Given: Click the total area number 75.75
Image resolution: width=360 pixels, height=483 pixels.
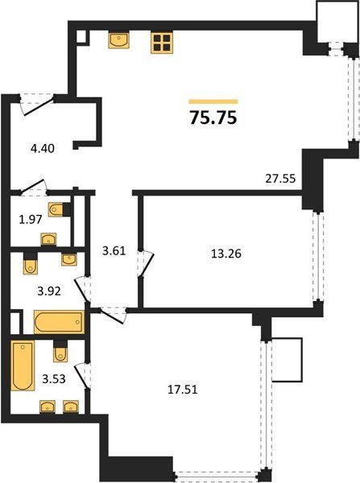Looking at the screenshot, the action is pyautogui.click(x=213, y=118).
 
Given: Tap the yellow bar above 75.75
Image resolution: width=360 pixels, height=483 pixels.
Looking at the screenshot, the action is pyautogui.click(x=213, y=101).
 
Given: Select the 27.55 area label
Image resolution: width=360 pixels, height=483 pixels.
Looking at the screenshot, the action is pyautogui.click(x=280, y=179).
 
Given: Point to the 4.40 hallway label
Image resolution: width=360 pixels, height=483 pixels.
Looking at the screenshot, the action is pyautogui.click(x=43, y=148).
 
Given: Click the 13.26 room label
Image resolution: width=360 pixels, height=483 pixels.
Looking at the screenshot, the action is pyautogui.click(x=226, y=254).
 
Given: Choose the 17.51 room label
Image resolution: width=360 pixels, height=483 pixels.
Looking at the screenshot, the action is pyautogui.click(x=183, y=390).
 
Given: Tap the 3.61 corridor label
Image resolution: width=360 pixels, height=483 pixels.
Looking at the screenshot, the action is pyautogui.click(x=114, y=250).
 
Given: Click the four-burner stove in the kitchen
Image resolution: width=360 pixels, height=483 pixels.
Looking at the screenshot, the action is pyautogui.click(x=162, y=43).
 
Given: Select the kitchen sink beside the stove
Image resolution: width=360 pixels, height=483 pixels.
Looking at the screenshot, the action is pyautogui.click(x=118, y=40).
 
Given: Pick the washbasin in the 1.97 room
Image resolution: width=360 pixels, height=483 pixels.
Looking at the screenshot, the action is pyautogui.click(x=48, y=239).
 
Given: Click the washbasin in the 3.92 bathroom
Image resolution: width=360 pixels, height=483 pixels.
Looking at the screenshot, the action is pyautogui.click(x=69, y=259).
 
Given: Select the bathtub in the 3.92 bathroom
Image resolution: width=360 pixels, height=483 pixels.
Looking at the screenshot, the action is pyautogui.click(x=59, y=322).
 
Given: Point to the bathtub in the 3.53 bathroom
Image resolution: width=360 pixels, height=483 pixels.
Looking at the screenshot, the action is pyautogui.click(x=23, y=365).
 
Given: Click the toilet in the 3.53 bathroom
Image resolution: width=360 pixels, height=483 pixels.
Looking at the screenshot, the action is pyautogui.click(x=60, y=352).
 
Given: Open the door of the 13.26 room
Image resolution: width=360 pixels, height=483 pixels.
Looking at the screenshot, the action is pyautogui.click(x=145, y=264).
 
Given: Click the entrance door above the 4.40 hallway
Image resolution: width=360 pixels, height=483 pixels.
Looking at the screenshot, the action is pyautogui.click(x=38, y=104).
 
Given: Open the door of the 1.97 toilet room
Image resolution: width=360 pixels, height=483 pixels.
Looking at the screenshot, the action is pyautogui.click(x=33, y=188).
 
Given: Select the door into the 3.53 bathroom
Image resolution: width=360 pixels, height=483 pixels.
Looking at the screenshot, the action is pyautogui.click(x=83, y=377).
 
